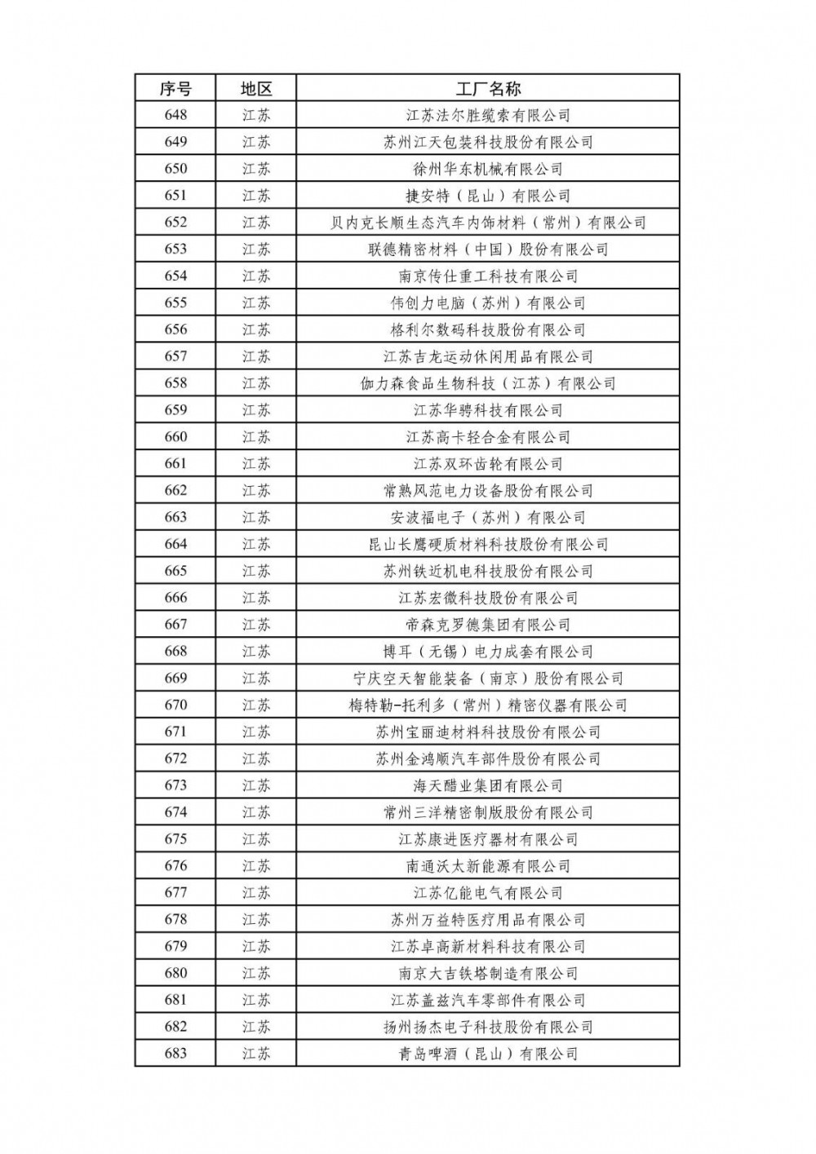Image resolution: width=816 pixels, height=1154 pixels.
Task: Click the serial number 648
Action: point(175,115)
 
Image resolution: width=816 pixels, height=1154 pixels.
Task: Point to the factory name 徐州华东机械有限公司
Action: point(488,169)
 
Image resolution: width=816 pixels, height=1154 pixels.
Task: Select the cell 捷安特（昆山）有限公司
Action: point(488,196)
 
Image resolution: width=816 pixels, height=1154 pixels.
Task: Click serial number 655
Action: point(175,303)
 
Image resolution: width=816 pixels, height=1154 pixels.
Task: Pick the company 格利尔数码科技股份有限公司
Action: point(488,329)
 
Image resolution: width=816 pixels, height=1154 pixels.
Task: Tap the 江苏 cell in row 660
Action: point(255,437)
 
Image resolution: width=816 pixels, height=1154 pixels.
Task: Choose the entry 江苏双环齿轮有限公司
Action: point(488,464)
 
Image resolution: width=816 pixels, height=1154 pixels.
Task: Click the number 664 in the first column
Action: point(175,544)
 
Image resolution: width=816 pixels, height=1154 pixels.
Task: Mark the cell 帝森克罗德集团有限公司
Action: point(488,625)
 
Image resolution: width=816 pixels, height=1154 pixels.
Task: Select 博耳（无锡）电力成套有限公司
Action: point(488,652)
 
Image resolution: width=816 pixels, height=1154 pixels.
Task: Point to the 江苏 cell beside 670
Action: point(255,705)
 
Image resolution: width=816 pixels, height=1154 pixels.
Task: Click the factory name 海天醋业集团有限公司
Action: point(488,785)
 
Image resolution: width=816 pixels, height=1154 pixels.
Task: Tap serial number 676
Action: point(175,866)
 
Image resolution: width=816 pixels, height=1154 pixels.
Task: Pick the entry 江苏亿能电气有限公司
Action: point(488,893)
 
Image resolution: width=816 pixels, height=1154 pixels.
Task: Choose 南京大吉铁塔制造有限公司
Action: point(488,973)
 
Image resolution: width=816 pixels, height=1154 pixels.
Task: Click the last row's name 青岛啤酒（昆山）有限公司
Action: point(488,1054)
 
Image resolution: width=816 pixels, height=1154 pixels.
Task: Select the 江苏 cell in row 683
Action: point(255,1054)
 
